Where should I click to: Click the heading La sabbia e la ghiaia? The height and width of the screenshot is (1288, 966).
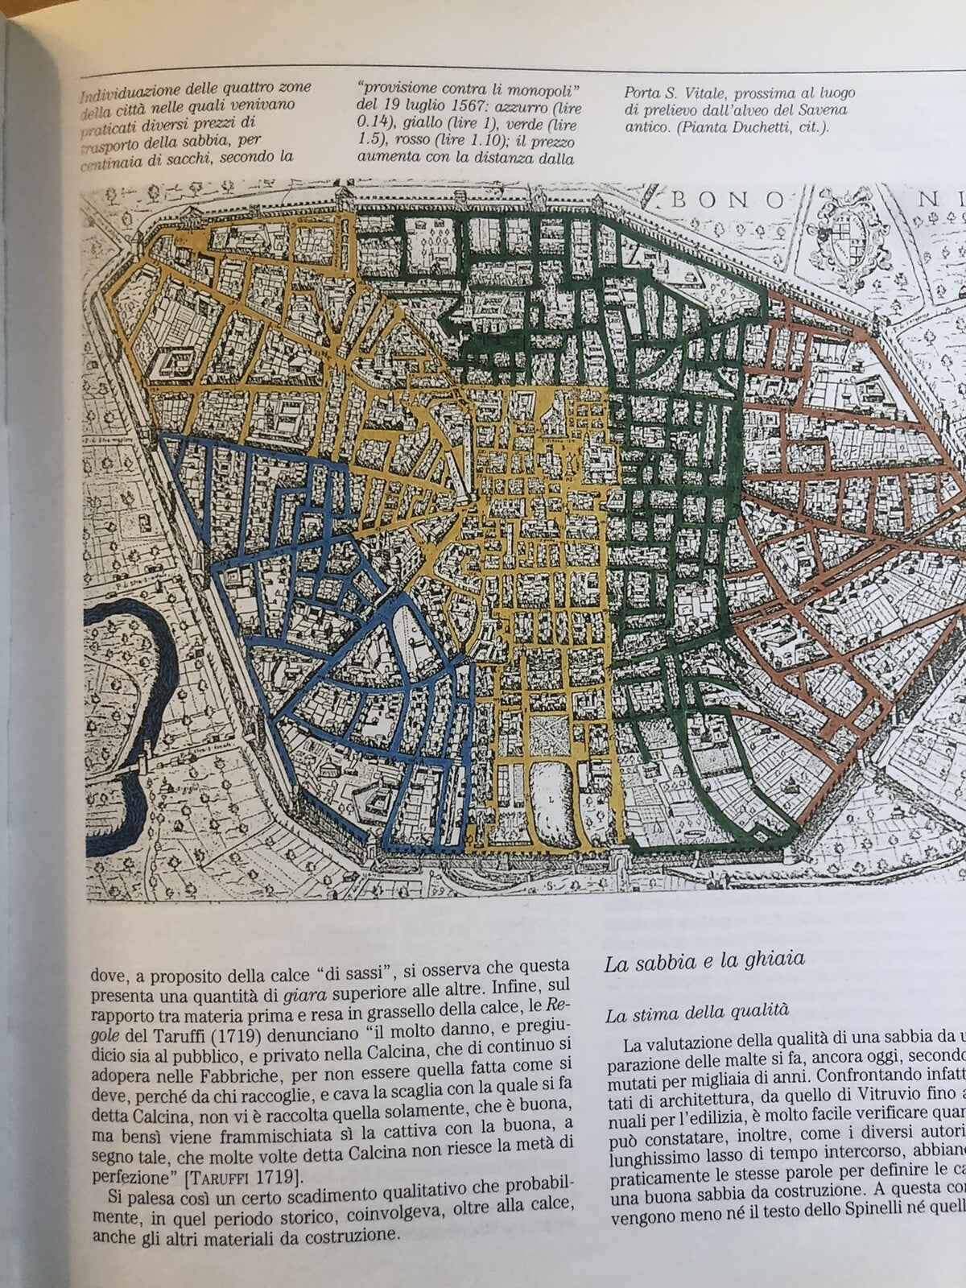click(x=704, y=960)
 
